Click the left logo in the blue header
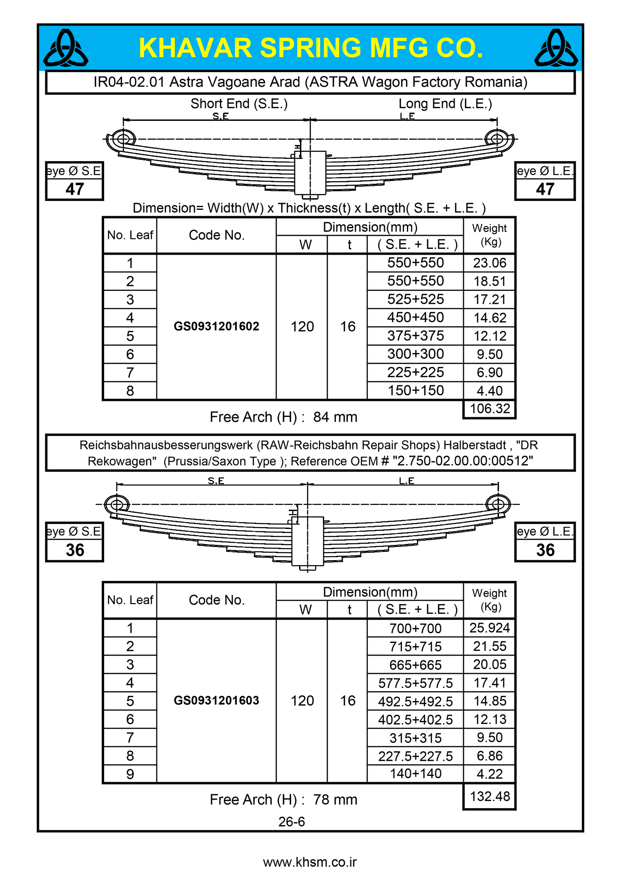click(66, 48)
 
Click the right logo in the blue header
click(556, 48)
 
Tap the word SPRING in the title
click(310, 48)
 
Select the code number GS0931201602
click(216, 326)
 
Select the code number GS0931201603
click(216, 700)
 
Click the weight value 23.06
click(490, 263)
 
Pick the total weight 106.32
click(490, 409)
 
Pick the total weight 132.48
click(490, 797)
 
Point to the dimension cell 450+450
click(415, 318)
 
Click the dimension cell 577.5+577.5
click(415, 683)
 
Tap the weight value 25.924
click(490, 628)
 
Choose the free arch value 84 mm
click(335, 417)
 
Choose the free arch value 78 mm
click(335, 800)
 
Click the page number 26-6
click(291, 822)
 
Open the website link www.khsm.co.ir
click(310, 862)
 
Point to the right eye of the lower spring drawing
click(498, 504)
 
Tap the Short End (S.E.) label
click(239, 104)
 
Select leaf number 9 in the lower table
click(130, 774)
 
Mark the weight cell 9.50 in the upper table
click(490, 354)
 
